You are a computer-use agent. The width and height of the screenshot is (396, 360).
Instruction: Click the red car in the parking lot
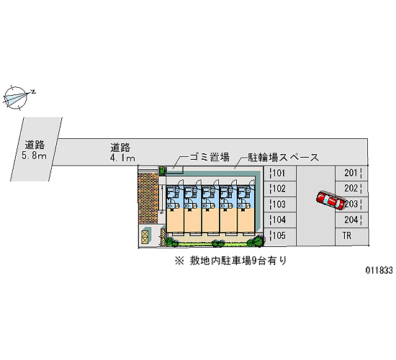(330, 200)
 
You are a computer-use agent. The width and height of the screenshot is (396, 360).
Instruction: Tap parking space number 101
(279, 174)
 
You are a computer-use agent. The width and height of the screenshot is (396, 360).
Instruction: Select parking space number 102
(279, 189)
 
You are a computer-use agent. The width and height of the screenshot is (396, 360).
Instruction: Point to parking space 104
(279, 220)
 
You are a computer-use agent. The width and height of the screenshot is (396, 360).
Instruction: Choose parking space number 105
(279, 236)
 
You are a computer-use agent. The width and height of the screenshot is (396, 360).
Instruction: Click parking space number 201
(351, 173)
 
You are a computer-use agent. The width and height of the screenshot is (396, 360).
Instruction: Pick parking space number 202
(351, 189)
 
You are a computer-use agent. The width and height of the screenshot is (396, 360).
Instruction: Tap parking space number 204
(351, 220)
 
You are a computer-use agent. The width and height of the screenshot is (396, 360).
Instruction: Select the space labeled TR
(351, 236)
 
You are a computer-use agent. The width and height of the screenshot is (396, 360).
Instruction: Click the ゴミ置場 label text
(210, 157)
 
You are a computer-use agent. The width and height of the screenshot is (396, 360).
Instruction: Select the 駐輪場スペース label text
(283, 158)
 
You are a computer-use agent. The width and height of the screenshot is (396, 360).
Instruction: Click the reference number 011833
(379, 271)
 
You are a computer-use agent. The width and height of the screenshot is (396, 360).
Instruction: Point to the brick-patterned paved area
(148, 199)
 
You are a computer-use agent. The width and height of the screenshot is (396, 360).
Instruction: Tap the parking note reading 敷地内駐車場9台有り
(238, 261)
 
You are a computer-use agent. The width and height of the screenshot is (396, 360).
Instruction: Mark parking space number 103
(279, 204)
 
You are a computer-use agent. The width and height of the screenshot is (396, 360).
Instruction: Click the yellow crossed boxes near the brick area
(145, 237)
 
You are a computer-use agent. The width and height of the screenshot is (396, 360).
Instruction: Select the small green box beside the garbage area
(162, 170)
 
